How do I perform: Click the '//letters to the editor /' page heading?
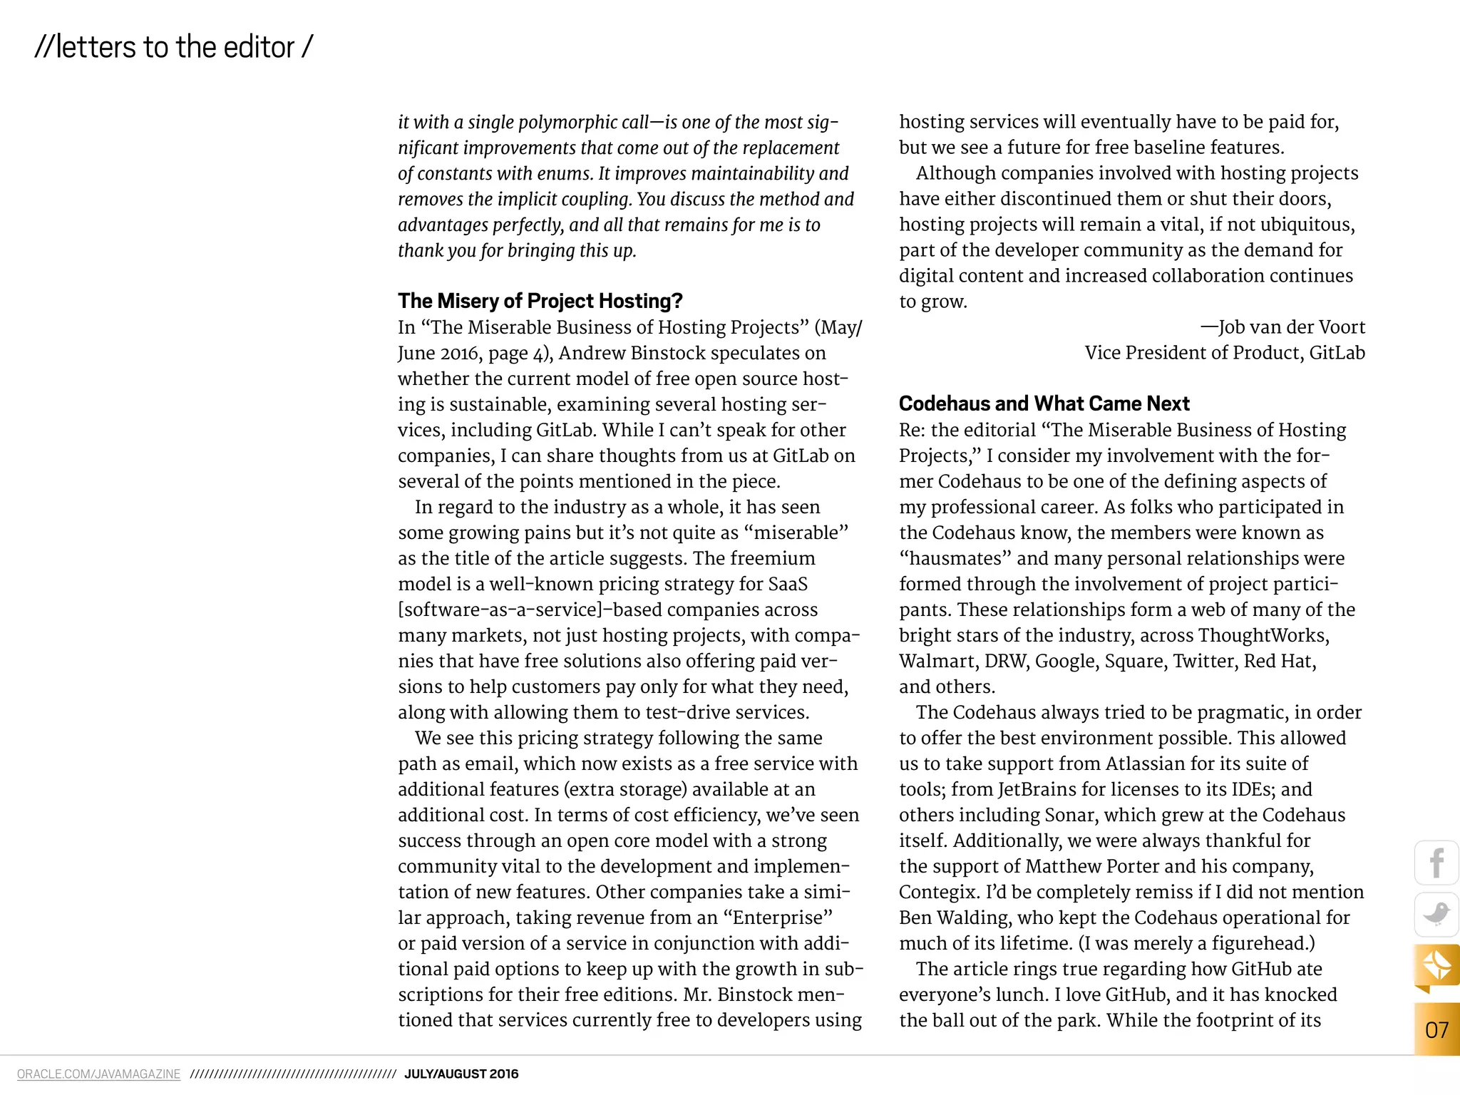coord(173,48)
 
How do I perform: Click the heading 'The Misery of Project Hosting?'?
coord(540,301)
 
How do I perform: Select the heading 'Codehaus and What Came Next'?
coord(1044,403)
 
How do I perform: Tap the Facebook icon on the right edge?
coord(1436,863)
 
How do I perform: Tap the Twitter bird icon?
coord(1436,914)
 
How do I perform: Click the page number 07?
coord(1436,1029)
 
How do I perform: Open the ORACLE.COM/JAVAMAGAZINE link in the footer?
coord(98,1074)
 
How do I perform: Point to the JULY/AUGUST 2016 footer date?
coord(461,1074)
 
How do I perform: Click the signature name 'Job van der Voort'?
coord(1291,327)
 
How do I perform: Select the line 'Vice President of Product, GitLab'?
coord(1225,353)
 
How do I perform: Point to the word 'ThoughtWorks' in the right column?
coord(1262,635)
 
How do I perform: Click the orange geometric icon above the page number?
coord(1436,966)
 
